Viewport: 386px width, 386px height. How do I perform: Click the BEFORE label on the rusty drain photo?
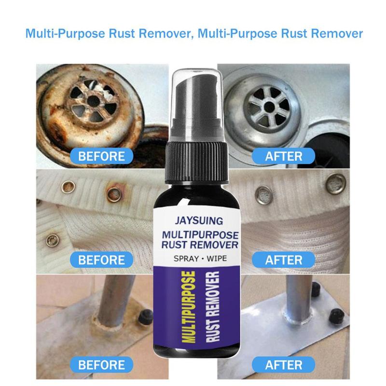tap(101, 156)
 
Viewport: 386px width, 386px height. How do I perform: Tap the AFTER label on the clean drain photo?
tap(284, 156)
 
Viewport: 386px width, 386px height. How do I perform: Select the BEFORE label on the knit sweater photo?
tap(101, 260)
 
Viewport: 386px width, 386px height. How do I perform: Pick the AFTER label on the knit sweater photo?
tap(284, 260)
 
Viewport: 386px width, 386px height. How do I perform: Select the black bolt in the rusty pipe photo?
tap(144, 317)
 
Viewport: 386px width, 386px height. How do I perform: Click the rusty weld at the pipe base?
tap(109, 324)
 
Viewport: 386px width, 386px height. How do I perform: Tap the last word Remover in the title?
tap(336, 34)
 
